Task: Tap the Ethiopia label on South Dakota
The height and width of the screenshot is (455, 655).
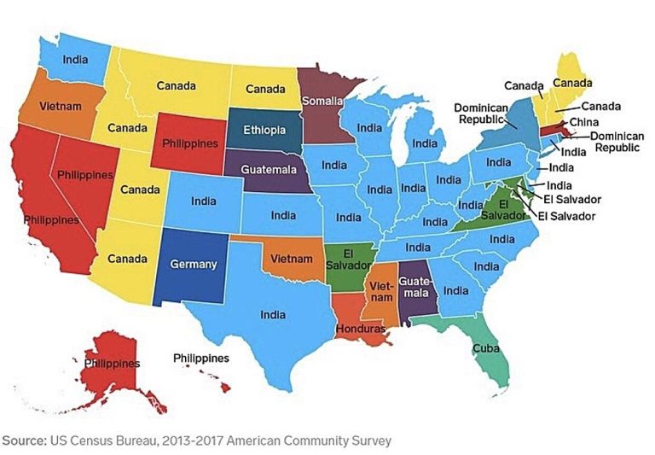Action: tap(264, 131)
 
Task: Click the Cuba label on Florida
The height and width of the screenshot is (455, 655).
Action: tap(483, 348)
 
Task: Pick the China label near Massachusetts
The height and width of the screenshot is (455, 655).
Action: tap(583, 122)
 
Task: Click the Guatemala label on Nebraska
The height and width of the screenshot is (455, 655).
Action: tap(269, 169)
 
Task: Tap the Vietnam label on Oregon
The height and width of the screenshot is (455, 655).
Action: tap(49, 108)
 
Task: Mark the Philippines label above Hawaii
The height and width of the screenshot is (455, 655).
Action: tap(201, 358)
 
